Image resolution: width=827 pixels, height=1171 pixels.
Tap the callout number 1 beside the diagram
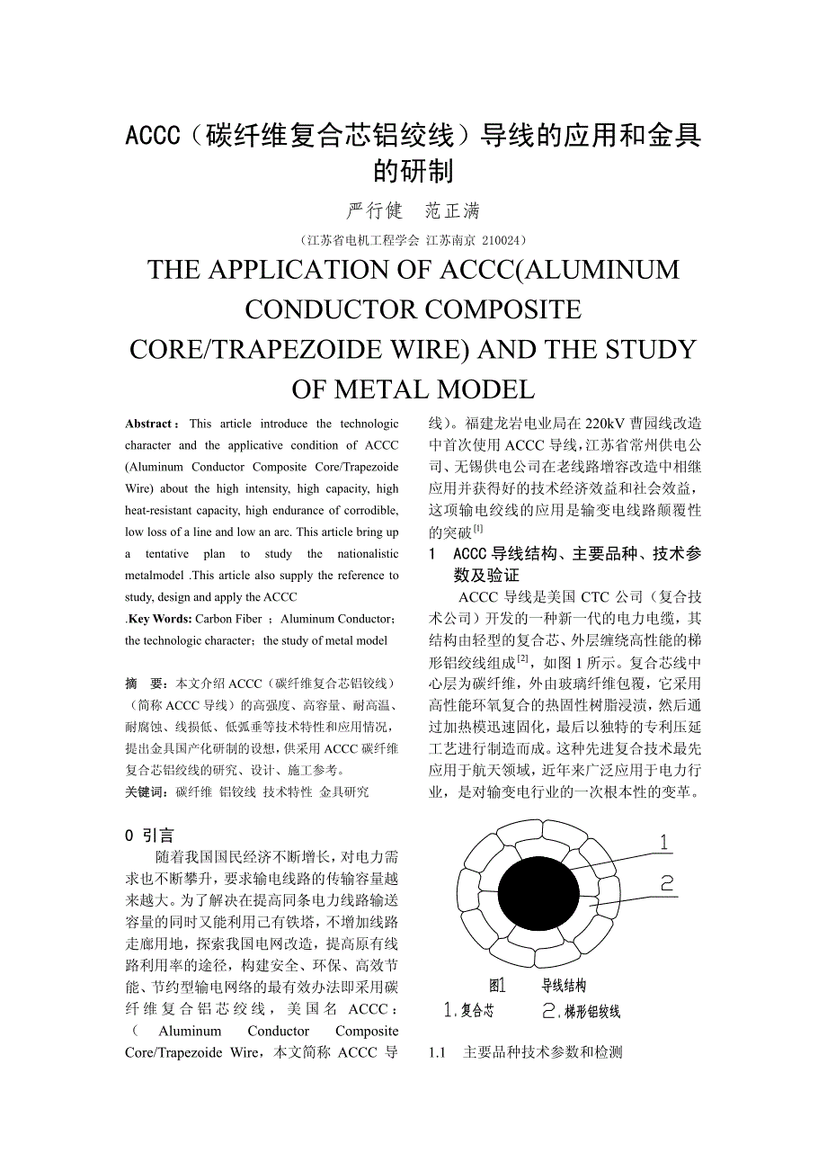click(x=663, y=843)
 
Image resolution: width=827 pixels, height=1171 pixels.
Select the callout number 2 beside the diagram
click(x=667, y=883)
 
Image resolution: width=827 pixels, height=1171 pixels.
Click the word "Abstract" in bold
click(x=148, y=424)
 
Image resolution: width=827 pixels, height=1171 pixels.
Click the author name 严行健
click(x=375, y=211)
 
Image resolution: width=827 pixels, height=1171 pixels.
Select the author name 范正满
click(x=452, y=211)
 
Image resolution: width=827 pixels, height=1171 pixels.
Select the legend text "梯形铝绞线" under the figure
click(x=592, y=1011)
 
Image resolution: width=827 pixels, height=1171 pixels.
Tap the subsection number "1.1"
click(x=438, y=1052)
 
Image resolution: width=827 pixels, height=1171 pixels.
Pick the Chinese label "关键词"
click(x=144, y=791)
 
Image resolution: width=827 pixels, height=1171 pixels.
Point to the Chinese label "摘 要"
click(x=144, y=684)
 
